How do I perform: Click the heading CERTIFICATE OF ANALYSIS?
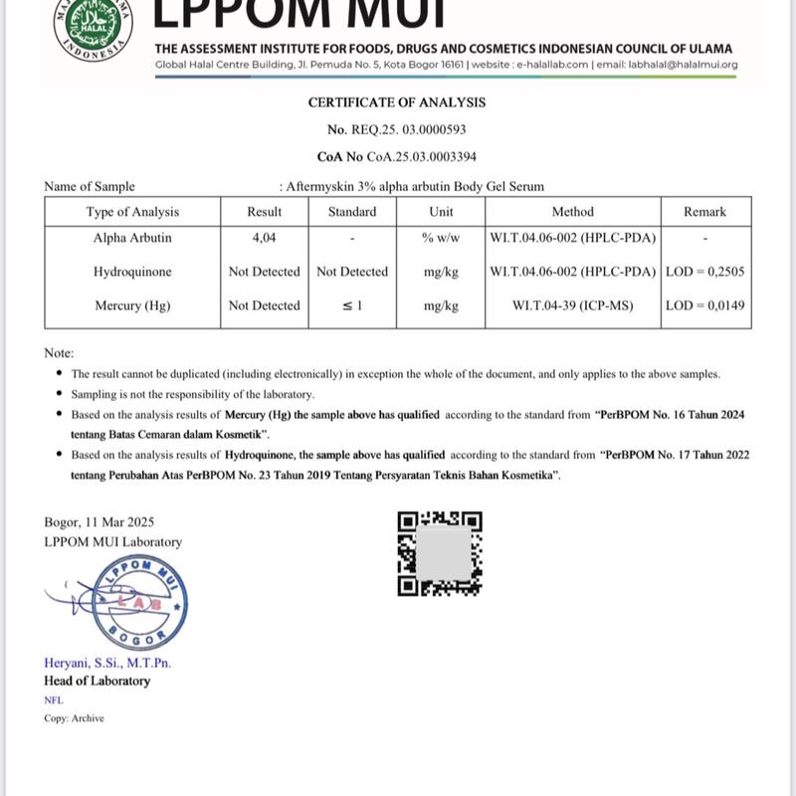pos(397,102)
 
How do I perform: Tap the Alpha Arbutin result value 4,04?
pos(264,239)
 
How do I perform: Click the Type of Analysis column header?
pos(132,212)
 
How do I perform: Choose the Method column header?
pos(572,212)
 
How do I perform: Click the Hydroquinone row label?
pos(132,272)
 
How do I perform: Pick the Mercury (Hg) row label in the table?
pos(132,305)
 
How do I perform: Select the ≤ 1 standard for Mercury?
pos(352,305)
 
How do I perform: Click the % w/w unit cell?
pos(441,239)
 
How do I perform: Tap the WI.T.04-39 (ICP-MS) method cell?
pos(572,305)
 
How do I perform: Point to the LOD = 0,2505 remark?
pos(705,272)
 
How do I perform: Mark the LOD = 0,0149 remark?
pos(705,305)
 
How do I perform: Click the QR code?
pos(440,553)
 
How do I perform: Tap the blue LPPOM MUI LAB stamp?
pos(139,603)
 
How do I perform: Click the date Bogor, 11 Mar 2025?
pos(99,522)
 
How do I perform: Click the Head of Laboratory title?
pos(98,682)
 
